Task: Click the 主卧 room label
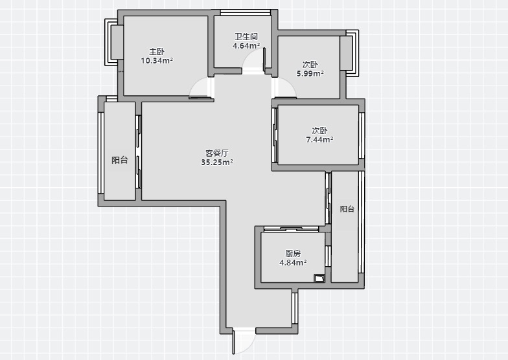[157, 52]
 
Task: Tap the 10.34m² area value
[157, 61]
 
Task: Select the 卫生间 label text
[246, 36]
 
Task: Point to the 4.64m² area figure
[246, 45]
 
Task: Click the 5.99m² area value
[310, 74]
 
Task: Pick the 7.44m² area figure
[320, 140]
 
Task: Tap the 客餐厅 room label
[217, 153]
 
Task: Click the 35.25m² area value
[217, 162]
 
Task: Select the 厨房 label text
[293, 253]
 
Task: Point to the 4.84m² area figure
[293, 263]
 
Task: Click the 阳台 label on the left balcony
[119, 160]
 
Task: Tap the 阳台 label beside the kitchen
[347, 208]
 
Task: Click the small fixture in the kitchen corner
[319, 278]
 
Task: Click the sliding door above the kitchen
[292, 229]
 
